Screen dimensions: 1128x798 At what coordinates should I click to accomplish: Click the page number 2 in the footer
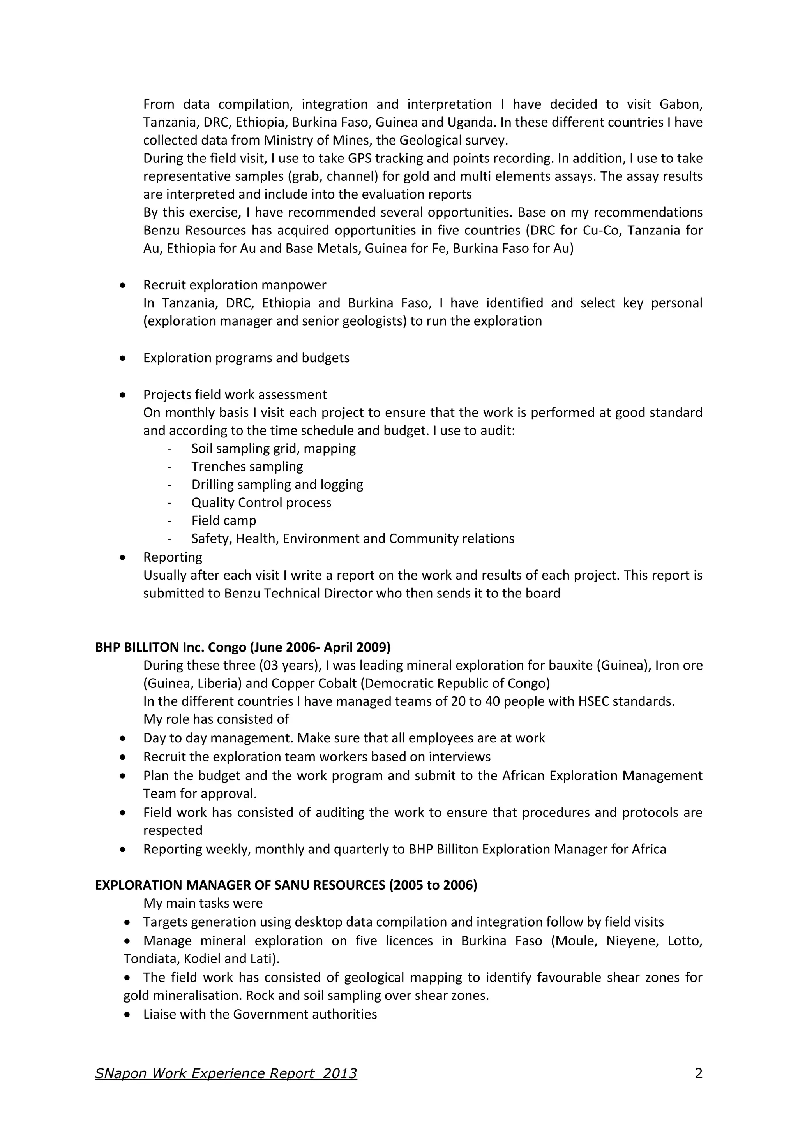click(698, 1073)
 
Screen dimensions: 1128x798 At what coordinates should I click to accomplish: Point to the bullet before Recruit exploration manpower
click(123, 285)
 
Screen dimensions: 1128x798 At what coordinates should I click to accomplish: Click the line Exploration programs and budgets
click(246, 358)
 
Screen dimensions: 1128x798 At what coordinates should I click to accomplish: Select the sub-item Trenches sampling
click(247, 466)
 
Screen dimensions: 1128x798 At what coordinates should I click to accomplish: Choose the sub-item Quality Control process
click(261, 502)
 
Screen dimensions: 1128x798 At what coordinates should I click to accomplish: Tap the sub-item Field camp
click(224, 520)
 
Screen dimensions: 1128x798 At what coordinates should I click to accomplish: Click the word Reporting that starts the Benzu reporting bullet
click(173, 557)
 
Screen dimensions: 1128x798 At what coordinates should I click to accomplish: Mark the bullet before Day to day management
click(123, 738)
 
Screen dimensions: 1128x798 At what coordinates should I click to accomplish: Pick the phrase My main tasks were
click(203, 903)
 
